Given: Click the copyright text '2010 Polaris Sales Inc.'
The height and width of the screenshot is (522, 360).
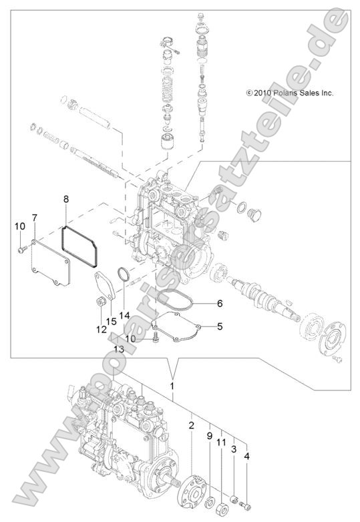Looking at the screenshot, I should coord(289,93).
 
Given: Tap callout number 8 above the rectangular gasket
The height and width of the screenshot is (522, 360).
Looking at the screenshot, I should coord(65,199).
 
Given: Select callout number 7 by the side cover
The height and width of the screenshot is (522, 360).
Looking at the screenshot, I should coord(34,218).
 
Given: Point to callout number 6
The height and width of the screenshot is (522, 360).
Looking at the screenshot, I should coord(218,302).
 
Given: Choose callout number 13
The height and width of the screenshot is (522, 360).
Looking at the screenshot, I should coord(119,348).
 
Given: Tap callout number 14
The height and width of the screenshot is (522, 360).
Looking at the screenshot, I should coord(124,314).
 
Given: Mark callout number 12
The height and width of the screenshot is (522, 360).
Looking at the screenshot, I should coord(102,329).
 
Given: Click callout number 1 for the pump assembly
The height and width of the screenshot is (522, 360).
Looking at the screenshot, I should coord(173,386).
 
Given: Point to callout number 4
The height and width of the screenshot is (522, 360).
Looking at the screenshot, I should coord(248,456).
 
